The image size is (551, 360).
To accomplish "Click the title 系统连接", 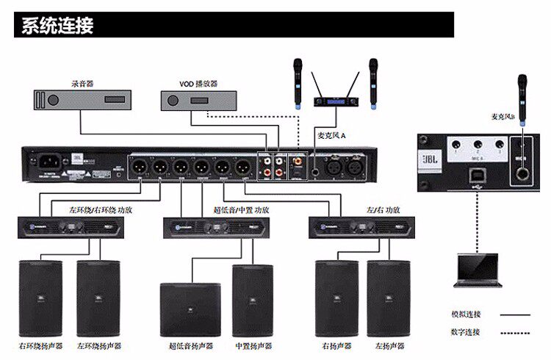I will [x=57, y=26].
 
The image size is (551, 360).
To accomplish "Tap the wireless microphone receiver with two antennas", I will [x=338, y=101].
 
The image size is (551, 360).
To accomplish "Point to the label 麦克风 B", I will [x=504, y=117].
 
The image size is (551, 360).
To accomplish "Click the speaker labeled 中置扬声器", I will [x=253, y=300].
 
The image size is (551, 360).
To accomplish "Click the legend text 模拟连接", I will [x=467, y=314].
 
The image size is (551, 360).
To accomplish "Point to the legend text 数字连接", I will [x=467, y=332].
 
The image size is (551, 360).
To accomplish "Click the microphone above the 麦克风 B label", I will [x=522, y=91].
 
